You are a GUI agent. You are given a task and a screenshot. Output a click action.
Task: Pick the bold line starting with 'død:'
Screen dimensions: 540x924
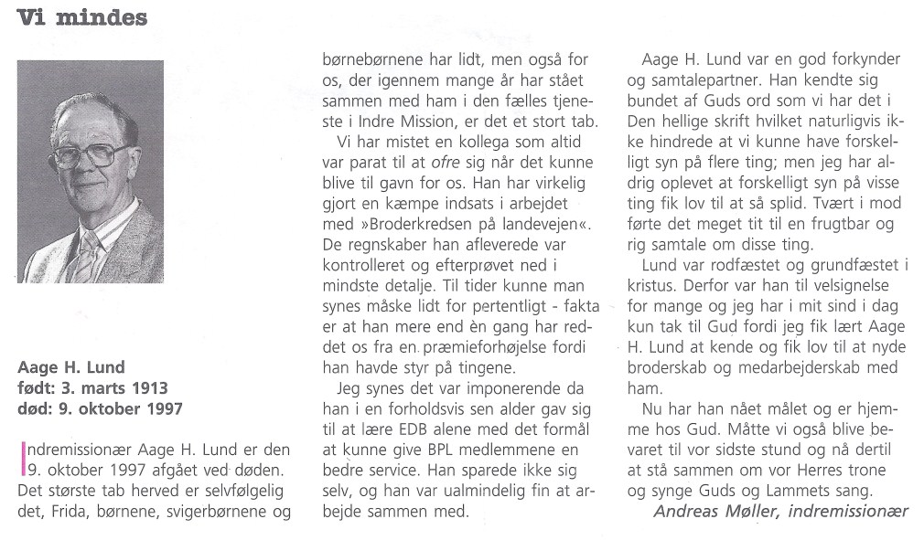(x=100, y=408)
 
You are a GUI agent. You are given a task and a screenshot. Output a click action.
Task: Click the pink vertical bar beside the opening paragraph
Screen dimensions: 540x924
(x=21, y=459)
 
